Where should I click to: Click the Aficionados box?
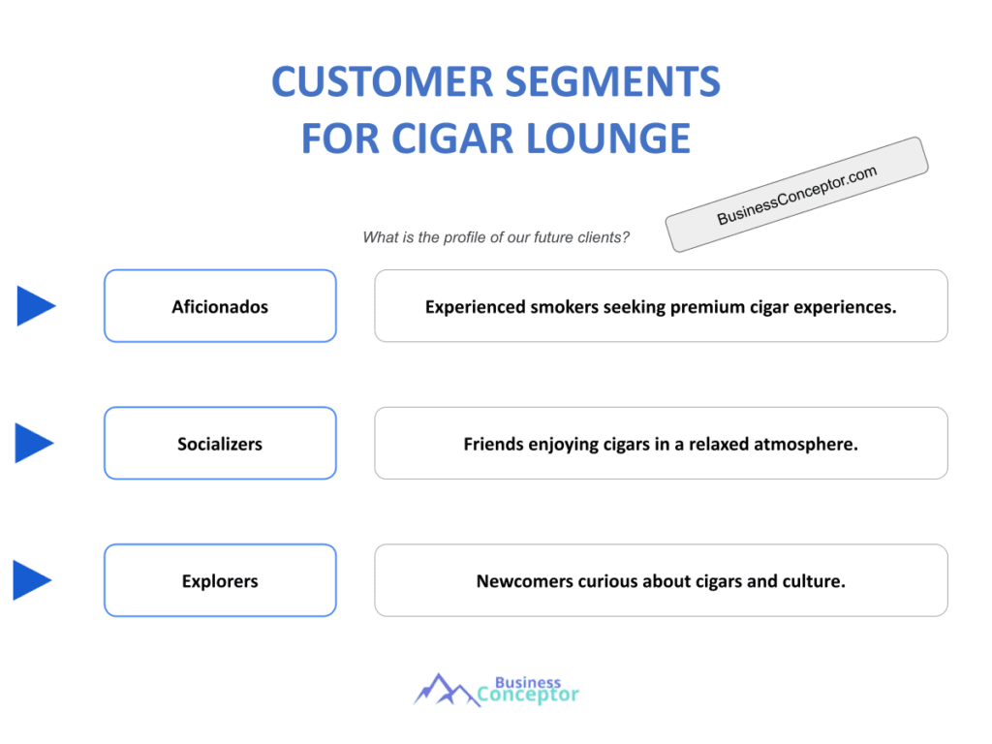pyautogui.click(x=220, y=306)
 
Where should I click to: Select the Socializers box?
pyautogui.click(x=220, y=444)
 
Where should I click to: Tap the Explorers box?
pyautogui.click(x=220, y=581)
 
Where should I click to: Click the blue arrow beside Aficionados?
pyautogui.click(x=35, y=306)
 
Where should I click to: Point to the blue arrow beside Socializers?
pyautogui.click(x=35, y=443)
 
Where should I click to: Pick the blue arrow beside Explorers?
pyautogui.click(x=32, y=580)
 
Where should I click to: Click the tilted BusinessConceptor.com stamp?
pyautogui.click(x=796, y=195)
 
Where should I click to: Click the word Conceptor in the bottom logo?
pyautogui.click(x=529, y=695)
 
